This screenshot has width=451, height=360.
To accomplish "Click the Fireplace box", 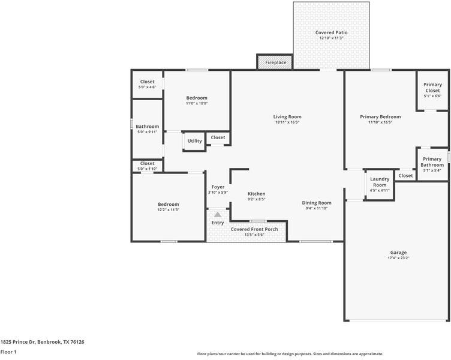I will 275,62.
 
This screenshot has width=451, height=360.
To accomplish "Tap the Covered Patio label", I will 331,32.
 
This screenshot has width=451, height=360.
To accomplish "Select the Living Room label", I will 287,116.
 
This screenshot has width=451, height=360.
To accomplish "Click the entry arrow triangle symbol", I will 217,214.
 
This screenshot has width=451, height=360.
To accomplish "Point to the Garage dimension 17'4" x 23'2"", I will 398,259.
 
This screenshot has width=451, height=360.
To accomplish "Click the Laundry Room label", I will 380,182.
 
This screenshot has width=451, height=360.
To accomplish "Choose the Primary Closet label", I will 432,88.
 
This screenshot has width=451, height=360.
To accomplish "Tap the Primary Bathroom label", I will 432,162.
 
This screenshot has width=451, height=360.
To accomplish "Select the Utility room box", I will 194,141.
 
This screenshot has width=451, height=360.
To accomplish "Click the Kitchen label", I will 257,194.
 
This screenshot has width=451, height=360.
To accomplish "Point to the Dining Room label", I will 317,203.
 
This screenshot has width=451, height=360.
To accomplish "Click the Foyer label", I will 218,187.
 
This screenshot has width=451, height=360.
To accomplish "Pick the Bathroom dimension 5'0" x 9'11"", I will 147,132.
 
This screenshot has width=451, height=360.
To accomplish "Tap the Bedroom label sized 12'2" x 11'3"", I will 168,204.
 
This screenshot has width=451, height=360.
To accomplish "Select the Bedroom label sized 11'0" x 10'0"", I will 197,98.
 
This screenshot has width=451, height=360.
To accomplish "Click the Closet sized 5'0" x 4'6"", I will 147,82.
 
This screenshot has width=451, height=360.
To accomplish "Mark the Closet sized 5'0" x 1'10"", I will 147,163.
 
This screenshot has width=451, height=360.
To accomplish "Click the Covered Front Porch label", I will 254,229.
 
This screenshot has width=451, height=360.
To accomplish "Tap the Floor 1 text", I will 8,352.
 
